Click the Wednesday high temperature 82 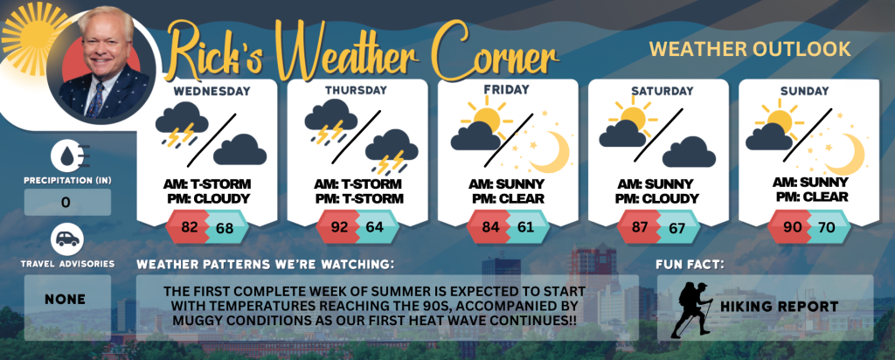click(x=189, y=227)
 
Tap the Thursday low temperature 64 click(x=374, y=227)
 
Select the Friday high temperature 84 click(x=490, y=227)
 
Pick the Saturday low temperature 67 click(x=676, y=228)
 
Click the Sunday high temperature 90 click(x=792, y=227)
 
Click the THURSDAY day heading click(x=357, y=90)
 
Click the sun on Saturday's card click(x=633, y=117)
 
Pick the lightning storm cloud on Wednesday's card click(x=182, y=124)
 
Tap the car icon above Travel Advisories click(x=67, y=239)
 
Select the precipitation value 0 click(x=66, y=203)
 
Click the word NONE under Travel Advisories click(x=65, y=300)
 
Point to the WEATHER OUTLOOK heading click(x=750, y=49)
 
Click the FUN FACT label click(x=683, y=265)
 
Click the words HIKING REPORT click(x=779, y=307)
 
